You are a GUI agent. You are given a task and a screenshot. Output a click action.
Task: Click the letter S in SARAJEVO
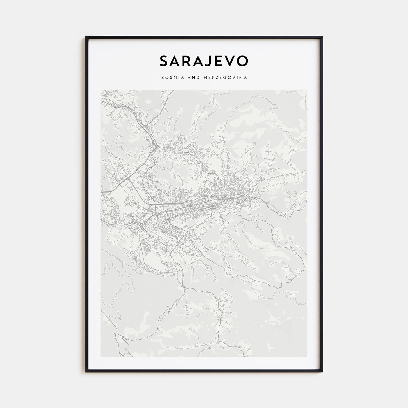pyautogui.click(x=165, y=61)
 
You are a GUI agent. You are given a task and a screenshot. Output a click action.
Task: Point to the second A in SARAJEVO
pyautogui.click(x=199, y=61)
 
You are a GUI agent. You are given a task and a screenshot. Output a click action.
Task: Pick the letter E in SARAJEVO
pyautogui.click(x=219, y=61)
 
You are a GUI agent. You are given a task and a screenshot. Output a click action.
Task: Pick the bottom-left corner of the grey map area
pyautogui.click(x=101, y=357)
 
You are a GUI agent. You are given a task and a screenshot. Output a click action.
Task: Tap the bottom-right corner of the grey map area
pyautogui.click(x=307, y=357)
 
